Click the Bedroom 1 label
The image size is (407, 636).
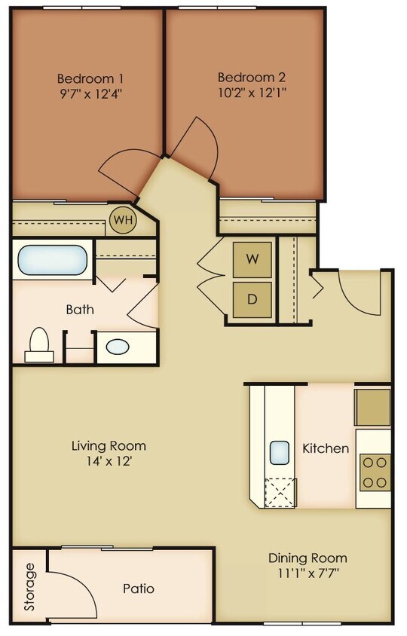tap(90, 78)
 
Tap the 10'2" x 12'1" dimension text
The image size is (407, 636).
tap(251, 94)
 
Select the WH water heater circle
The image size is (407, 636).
tap(121, 220)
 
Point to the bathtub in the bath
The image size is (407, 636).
tap(51, 259)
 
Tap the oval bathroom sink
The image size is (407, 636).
tap(117, 347)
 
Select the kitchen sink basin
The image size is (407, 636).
tap(280, 451)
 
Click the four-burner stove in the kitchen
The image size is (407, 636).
tap(375, 472)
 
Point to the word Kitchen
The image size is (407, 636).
tap(326, 448)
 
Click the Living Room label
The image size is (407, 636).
tap(109, 445)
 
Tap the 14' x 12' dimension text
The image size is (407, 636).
tap(109, 461)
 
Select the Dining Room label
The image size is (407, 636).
tap(308, 558)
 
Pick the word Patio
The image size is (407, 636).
tap(139, 588)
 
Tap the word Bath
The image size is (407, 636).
tap(79, 309)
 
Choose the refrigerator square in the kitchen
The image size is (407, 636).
tap(373, 407)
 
